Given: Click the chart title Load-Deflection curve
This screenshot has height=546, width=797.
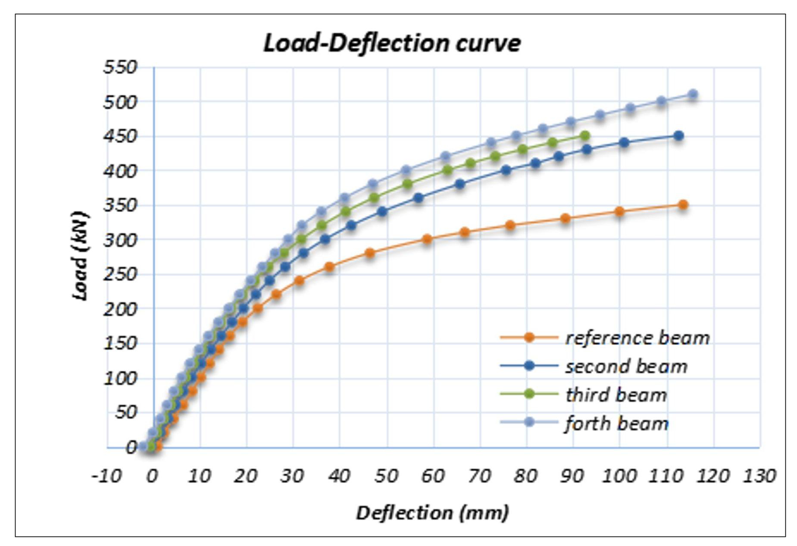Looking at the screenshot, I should click(x=392, y=43).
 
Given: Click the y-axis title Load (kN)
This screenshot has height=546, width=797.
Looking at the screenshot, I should click(x=81, y=256).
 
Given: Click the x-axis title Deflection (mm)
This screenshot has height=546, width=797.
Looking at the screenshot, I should click(x=432, y=513).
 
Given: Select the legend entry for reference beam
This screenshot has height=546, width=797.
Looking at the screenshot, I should click(x=637, y=338).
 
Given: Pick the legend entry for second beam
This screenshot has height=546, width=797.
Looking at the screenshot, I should click(x=626, y=367).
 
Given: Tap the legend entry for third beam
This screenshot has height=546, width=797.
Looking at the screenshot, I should click(x=616, y=395).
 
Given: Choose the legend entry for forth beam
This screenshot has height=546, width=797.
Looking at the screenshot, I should click(x=616, y=424).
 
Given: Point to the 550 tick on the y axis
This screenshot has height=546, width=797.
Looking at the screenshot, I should click(x=120, y=67).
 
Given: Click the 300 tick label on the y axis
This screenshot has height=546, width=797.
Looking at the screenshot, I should click(x=120, y=240).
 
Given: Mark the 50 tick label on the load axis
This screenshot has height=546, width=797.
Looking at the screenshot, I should click(x=126, y=413).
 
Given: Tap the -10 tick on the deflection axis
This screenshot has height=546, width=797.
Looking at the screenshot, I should click(x=106, y=476).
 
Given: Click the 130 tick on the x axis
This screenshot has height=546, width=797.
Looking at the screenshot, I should click(x=759, y=476).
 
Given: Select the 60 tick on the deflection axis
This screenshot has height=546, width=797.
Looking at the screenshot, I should click(x=433, y=476).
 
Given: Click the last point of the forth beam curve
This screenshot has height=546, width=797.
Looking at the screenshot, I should click(x=693, y=94).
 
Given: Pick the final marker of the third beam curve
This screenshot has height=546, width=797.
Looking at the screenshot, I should click(x=584, y=136).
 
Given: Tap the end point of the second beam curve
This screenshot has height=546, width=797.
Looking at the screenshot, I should click(x=678, y=136).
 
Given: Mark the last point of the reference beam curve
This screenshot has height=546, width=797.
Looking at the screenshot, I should click(x=683, y=205).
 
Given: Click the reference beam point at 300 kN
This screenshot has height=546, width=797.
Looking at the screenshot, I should click(x=427, y=239).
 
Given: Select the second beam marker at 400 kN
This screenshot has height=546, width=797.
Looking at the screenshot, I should click(x=506, y=170).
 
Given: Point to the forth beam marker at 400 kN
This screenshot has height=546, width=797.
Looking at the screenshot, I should click(x=406, y=170).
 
